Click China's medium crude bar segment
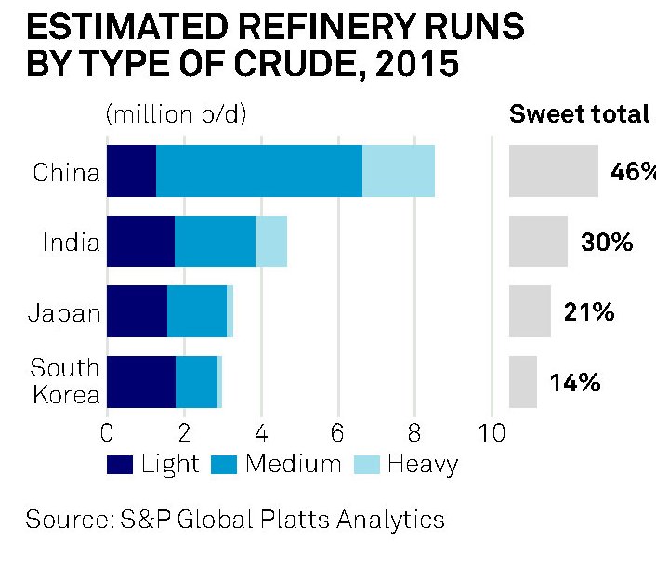[x=258, y=171]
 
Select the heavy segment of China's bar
[x=399, y=171]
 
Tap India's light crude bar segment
[x=140, y=241]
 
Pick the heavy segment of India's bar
[x=271, y=241]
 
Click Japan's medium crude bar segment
[x=197, y=311]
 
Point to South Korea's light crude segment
[x=141, y=382]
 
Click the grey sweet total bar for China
[x=554, y=171]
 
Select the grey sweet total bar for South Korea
[x=523, y=382]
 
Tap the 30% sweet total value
[x=607, y=243]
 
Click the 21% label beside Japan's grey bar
[x=589, y=312]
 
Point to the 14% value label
[x=574, y=382]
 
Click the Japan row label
[x=64, y=313]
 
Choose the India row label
[x=71, y=244]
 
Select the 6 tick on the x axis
[x=338, y=433]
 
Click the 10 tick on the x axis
[x=491, y=433]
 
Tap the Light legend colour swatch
[x=120, y=465]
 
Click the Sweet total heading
[x=580, y=114]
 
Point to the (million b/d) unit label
[x=176, y=114]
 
